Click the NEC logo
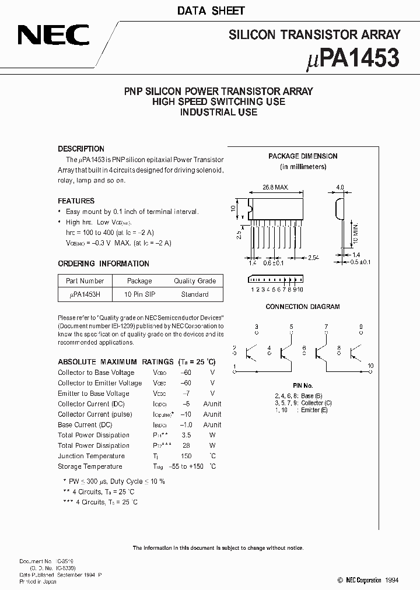pos(52,36)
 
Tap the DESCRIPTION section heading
pos(81,149)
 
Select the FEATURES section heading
pos(76,201)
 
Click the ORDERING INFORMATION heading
pos(103,264)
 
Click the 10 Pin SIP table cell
pos(139,294)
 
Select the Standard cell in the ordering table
pos(195,294)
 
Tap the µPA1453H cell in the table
pos(85,294)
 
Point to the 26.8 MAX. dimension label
pos(275,188)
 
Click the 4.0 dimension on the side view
pos(341,188)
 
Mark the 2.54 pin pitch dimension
pos(313,257)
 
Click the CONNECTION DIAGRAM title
pos(303,307)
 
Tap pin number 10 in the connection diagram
pos(370,366)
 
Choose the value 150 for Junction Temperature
pos(186,456)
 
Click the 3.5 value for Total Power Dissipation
pos(186,435)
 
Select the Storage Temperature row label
pos(90,466)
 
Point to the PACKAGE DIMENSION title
pos(303,156)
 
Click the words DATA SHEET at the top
pos(211,10)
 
